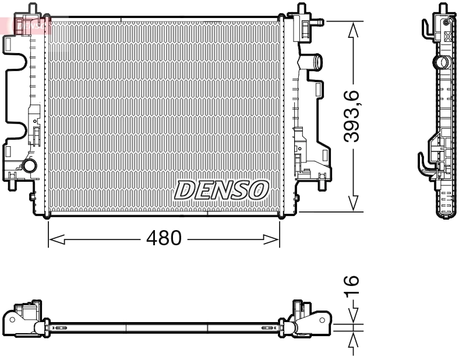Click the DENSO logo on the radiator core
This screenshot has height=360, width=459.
[x=222, y=190]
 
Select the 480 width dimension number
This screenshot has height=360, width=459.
[x=163, y=239]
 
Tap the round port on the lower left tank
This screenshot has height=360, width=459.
[x=29, y=167]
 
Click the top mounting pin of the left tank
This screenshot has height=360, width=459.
[x=32, y=8]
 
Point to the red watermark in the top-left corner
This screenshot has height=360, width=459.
[x=26, y=25]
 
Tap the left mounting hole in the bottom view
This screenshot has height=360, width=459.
[x=11, y=319]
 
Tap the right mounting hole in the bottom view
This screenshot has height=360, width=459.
[x=322, y=319]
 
